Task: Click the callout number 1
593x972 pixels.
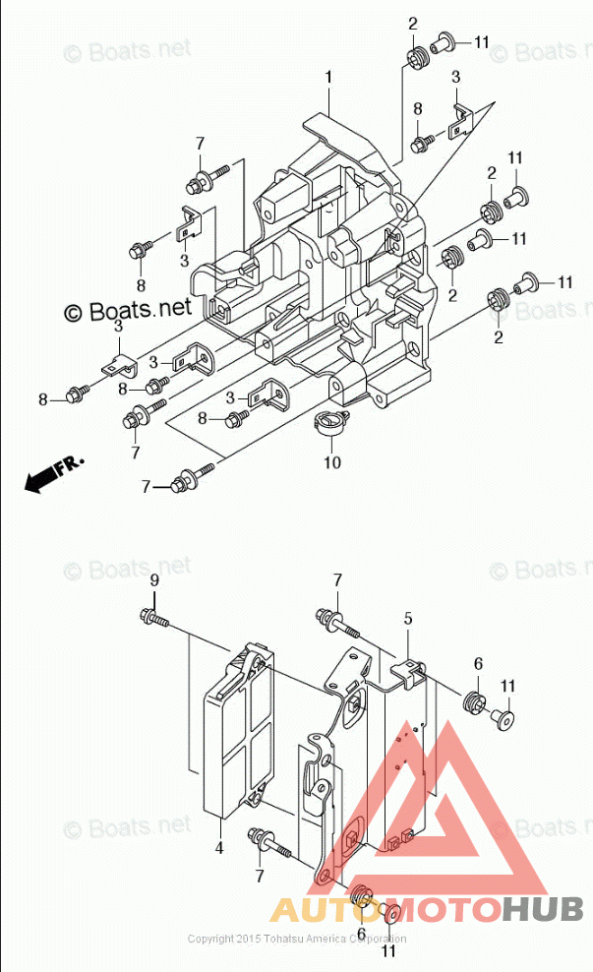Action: (328, 77)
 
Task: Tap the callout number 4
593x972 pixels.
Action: (218, 847)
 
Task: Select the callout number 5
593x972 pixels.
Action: (407, 619)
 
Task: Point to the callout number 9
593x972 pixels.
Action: (153, 581)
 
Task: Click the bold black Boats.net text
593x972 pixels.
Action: (128, 310)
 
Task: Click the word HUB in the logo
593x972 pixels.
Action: (541, 909)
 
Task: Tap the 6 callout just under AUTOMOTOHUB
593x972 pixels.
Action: (361, 934)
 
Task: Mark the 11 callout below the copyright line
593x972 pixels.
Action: (388, 952)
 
